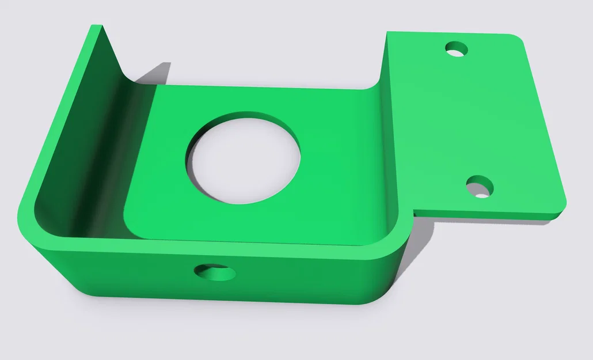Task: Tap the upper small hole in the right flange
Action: (457, 49)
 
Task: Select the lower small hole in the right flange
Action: (480, 187)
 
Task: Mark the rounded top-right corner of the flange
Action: (519, 40)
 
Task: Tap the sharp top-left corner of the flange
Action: (389, 33)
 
